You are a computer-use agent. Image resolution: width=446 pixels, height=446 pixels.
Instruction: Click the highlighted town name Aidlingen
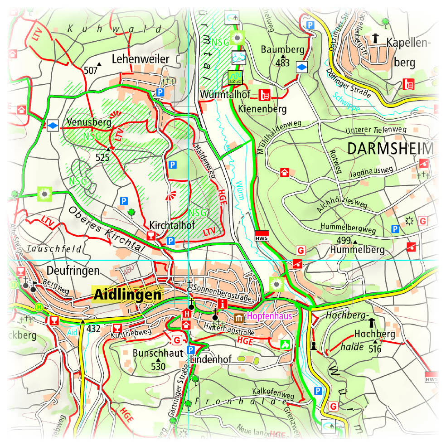point(127,295)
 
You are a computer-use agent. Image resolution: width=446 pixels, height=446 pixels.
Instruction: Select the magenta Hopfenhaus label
point(269,316)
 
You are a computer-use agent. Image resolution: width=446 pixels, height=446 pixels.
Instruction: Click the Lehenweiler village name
point(140,59)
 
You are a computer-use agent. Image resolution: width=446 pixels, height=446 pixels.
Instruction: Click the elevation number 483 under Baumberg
point(282,63)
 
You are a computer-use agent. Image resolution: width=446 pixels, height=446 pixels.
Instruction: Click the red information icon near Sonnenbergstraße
point(222,304)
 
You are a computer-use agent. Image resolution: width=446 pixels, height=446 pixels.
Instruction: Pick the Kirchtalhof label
point(170,225)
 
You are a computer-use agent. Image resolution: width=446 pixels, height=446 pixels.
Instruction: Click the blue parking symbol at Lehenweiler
point(160,92)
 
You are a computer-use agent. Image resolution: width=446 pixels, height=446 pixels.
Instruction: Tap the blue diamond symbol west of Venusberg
point(53,125)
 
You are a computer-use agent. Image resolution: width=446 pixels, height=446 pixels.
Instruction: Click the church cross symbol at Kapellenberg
point(375,39)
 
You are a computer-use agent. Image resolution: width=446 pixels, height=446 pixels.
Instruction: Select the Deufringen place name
point(73,271)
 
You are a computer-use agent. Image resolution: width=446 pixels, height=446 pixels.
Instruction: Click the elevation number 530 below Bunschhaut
point(158,366)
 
